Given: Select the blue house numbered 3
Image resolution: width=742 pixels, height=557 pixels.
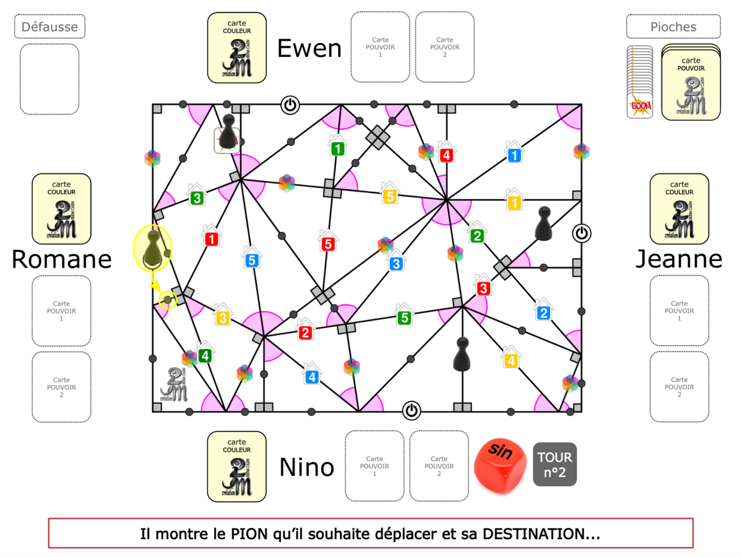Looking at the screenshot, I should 397,264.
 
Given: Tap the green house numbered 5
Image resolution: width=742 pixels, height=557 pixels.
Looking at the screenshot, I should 404,317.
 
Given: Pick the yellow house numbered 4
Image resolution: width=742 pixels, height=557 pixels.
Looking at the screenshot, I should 511,360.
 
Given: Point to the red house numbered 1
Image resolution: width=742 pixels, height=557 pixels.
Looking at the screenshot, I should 212,238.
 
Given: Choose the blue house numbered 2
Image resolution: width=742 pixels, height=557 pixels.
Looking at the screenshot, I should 543,313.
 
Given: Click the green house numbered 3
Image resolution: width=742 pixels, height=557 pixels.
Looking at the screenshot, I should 196,198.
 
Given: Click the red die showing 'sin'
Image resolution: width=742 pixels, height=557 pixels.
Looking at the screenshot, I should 499,464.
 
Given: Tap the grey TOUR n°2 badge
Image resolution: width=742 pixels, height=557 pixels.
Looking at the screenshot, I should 554,464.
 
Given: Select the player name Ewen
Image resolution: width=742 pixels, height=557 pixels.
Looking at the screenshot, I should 309,48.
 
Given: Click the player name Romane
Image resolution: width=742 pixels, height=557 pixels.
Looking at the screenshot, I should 62,259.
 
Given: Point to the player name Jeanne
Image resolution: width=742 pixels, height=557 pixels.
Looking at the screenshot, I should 679,259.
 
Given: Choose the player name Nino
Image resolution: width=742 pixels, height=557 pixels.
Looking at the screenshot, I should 307,467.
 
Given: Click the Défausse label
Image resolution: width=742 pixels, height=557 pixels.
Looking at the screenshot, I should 50,27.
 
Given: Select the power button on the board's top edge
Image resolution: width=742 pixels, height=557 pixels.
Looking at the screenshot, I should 290,105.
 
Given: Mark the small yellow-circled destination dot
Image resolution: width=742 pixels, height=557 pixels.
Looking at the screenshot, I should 167,301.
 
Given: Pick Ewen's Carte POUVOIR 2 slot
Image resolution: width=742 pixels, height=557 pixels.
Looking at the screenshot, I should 445,47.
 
